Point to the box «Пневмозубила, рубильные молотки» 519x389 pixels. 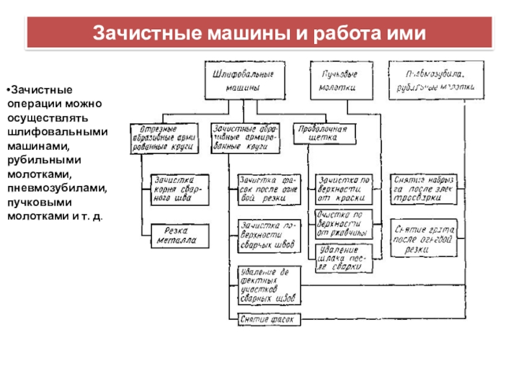(433, 80)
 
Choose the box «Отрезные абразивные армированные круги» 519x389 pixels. (165, 137)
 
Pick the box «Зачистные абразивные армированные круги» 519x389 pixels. (245, 137)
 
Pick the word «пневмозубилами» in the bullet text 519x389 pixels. (58, 188)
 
